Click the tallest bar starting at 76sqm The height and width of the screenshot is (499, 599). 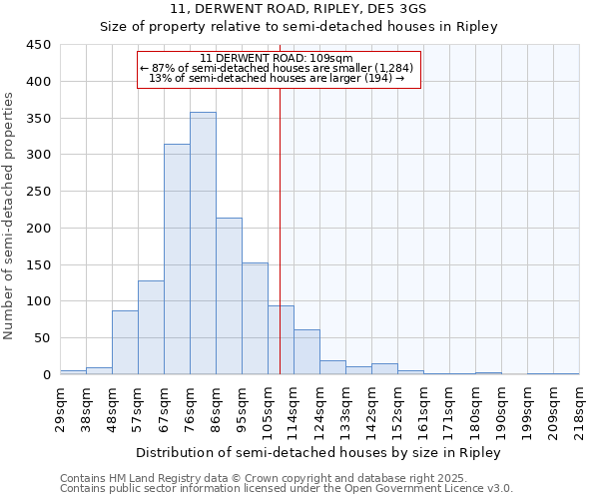(203, 244)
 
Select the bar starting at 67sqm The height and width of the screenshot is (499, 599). (177, 259)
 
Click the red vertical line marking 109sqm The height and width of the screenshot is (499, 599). (280, 230)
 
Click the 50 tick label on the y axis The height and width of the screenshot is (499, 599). (43, 338)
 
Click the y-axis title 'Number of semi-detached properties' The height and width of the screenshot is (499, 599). (10, 216)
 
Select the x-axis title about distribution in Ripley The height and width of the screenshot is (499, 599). (318, 452)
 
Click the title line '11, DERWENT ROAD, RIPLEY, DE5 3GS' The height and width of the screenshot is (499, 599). (299, 9)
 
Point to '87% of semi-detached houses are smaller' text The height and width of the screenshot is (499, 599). (279, 68)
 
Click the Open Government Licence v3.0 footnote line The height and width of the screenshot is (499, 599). (287, 489)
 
